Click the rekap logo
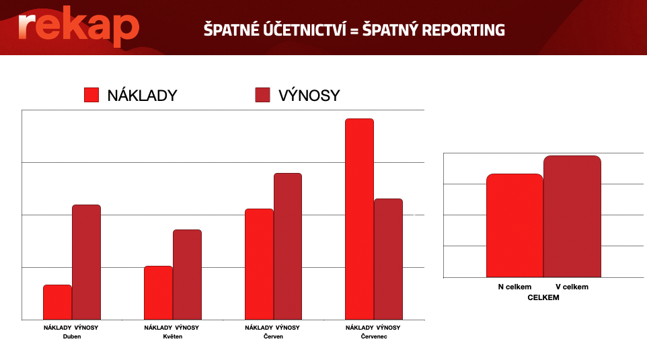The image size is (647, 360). click(79, 26)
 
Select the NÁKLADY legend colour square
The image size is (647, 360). click(91, 94)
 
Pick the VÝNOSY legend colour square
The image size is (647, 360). click(262, 94)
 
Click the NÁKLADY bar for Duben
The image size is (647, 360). click(57, 302)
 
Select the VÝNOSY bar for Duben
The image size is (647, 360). click(86, 262)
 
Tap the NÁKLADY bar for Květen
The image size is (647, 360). click(159, 293)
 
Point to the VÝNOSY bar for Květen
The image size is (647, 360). click(188, 275)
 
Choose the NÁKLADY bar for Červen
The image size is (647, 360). click(259, 264)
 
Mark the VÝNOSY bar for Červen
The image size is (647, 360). click(288, 246)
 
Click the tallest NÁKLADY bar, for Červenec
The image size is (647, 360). click(359, 219)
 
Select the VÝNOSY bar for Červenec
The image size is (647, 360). click(388, 259)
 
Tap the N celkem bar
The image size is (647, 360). click(515, 225)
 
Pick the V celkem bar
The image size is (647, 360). click(572, 216)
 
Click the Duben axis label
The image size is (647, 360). click(72, 336)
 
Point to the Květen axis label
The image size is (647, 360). click(172, 336)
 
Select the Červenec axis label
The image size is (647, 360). click(374, 336)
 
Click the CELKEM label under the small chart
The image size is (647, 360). click(543, 297)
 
